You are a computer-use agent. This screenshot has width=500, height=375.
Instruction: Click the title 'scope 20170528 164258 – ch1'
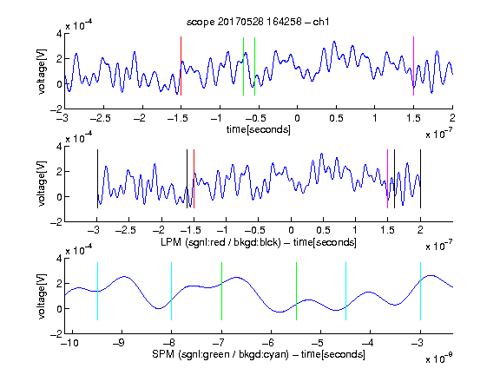pos(258,22)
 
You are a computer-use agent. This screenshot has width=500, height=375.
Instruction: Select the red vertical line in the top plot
pos(181,66)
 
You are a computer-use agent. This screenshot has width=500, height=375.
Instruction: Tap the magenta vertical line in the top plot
pos(413,66)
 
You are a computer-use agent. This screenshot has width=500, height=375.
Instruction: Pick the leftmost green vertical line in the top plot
pos(243,66)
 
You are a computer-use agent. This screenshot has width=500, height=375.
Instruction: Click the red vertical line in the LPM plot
pos(194,179)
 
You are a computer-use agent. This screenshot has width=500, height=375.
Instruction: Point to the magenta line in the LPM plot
pos(387,179)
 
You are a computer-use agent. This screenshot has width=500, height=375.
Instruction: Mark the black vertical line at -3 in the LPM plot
pos(97,179)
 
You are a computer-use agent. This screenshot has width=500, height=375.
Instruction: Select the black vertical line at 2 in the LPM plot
pos(420,179)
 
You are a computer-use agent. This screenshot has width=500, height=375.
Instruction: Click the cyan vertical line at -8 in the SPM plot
pos(171,291)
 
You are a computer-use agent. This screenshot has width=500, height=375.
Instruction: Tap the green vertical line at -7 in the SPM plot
pos(221,291)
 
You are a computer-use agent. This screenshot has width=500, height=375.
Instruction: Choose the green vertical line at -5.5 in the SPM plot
pos(296,291)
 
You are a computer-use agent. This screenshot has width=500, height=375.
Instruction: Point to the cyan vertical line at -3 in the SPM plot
pos(420,291)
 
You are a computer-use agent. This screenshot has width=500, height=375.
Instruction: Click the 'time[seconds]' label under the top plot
pos(259,129)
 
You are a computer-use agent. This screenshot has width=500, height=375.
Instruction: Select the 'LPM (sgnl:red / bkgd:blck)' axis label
pos(220,242)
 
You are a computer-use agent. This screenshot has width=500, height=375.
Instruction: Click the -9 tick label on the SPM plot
pos(119,343)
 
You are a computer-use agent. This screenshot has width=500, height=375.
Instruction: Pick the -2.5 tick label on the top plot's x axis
pos(101,118)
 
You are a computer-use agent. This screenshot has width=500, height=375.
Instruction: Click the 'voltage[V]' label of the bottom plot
pos(42,296)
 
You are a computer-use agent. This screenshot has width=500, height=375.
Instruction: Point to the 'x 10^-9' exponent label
pos(438,359)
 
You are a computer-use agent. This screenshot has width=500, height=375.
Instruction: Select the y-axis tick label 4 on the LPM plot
pos(59,147)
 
